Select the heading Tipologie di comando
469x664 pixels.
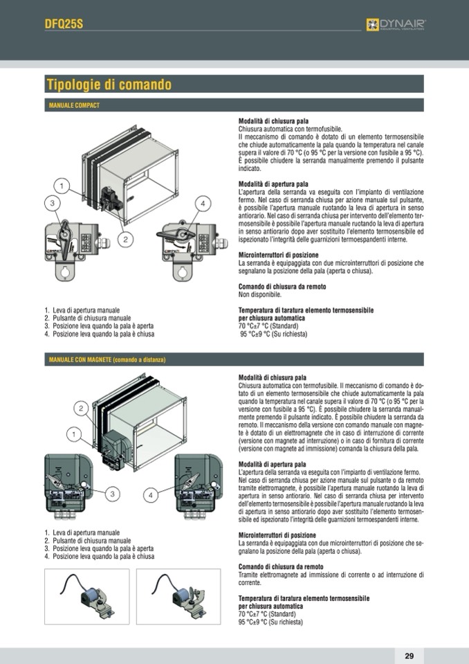pyautogui.click(x=109, y=86)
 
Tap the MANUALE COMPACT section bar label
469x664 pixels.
pyautogui.click(x=75, y=105)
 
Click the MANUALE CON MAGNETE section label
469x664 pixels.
pyautogui.click(x=107, y=360)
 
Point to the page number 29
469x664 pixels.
pyautogui.click(x=409, y=656)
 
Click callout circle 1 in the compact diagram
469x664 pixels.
pyautogui.click(x=62, y=186)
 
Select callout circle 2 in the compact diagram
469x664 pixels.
pyautogui.click(x=125, y=240)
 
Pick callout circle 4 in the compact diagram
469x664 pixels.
pyautogui.click(x=203, y=204)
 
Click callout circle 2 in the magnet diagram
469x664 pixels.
pyautogui.click(x=81, y=409)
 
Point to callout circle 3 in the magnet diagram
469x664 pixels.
pyautogui.click(x=113, y=494)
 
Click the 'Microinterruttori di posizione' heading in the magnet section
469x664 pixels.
pyautogui.click(x=277, y=535)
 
